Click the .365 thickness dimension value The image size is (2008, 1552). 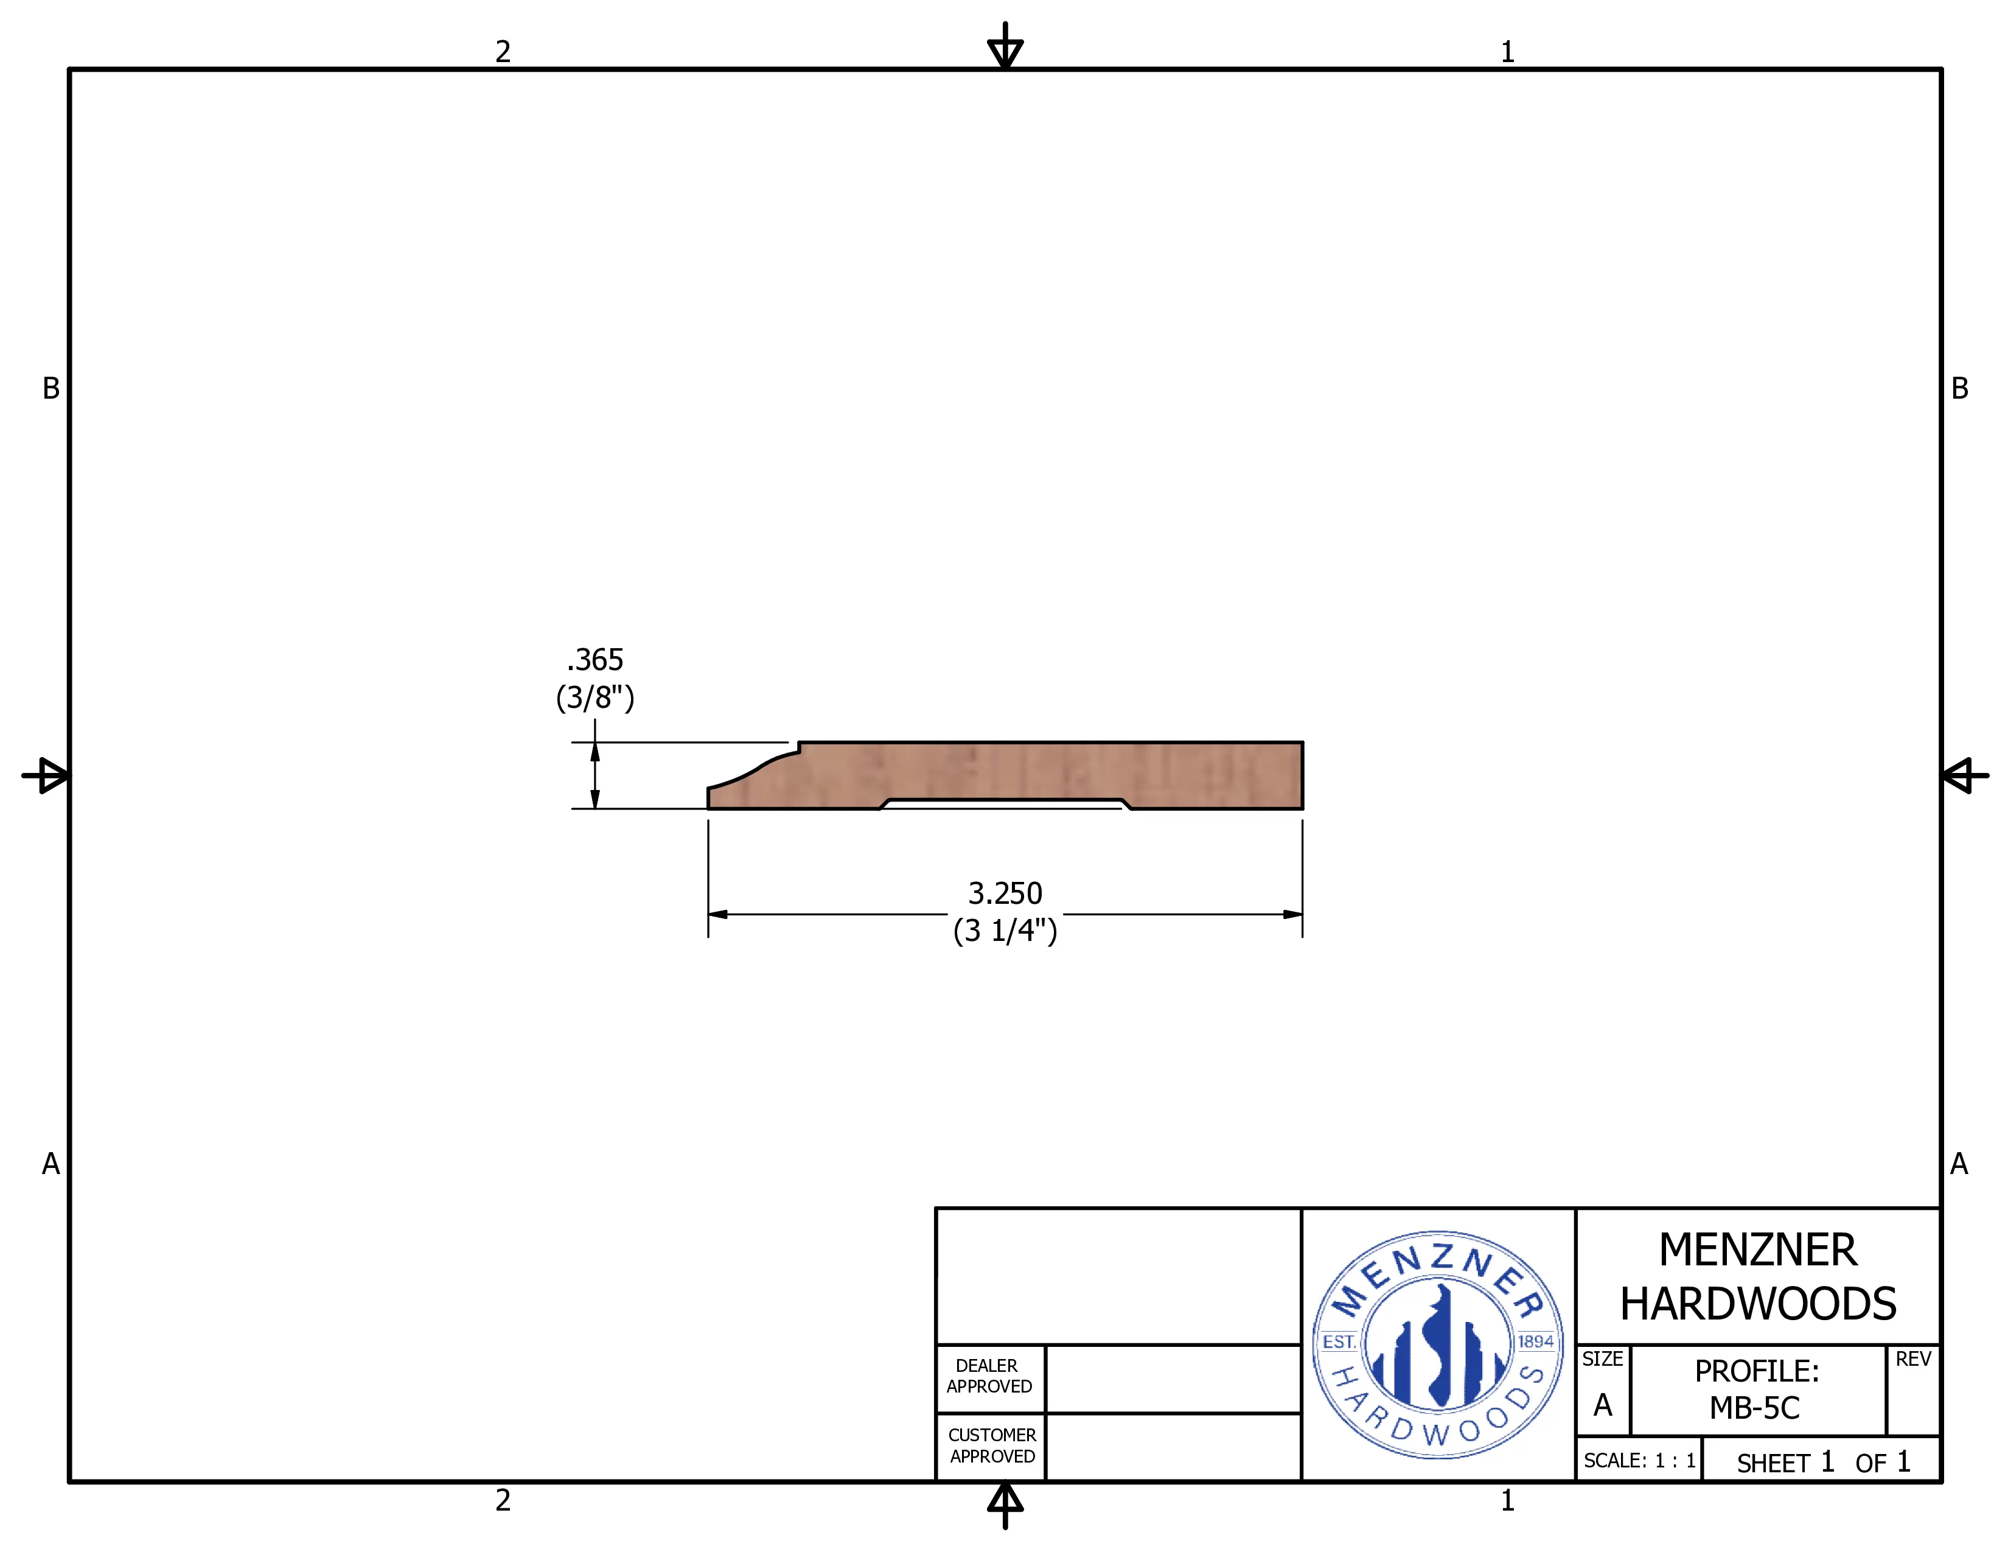point(595,660)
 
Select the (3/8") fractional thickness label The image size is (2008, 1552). point(595,698)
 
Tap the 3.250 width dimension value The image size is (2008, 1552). point(1005,893)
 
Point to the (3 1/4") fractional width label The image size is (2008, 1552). point(1005,931)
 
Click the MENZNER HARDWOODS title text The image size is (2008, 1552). point(1758,1277)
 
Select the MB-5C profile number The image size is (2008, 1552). point(1754,1408)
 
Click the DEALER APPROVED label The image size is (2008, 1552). point(989,1376)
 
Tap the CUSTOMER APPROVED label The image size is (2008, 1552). point(992,1445)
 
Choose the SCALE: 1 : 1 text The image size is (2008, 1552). point(1639,1461)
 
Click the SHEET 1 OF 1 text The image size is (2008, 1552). point(1823,1462)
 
